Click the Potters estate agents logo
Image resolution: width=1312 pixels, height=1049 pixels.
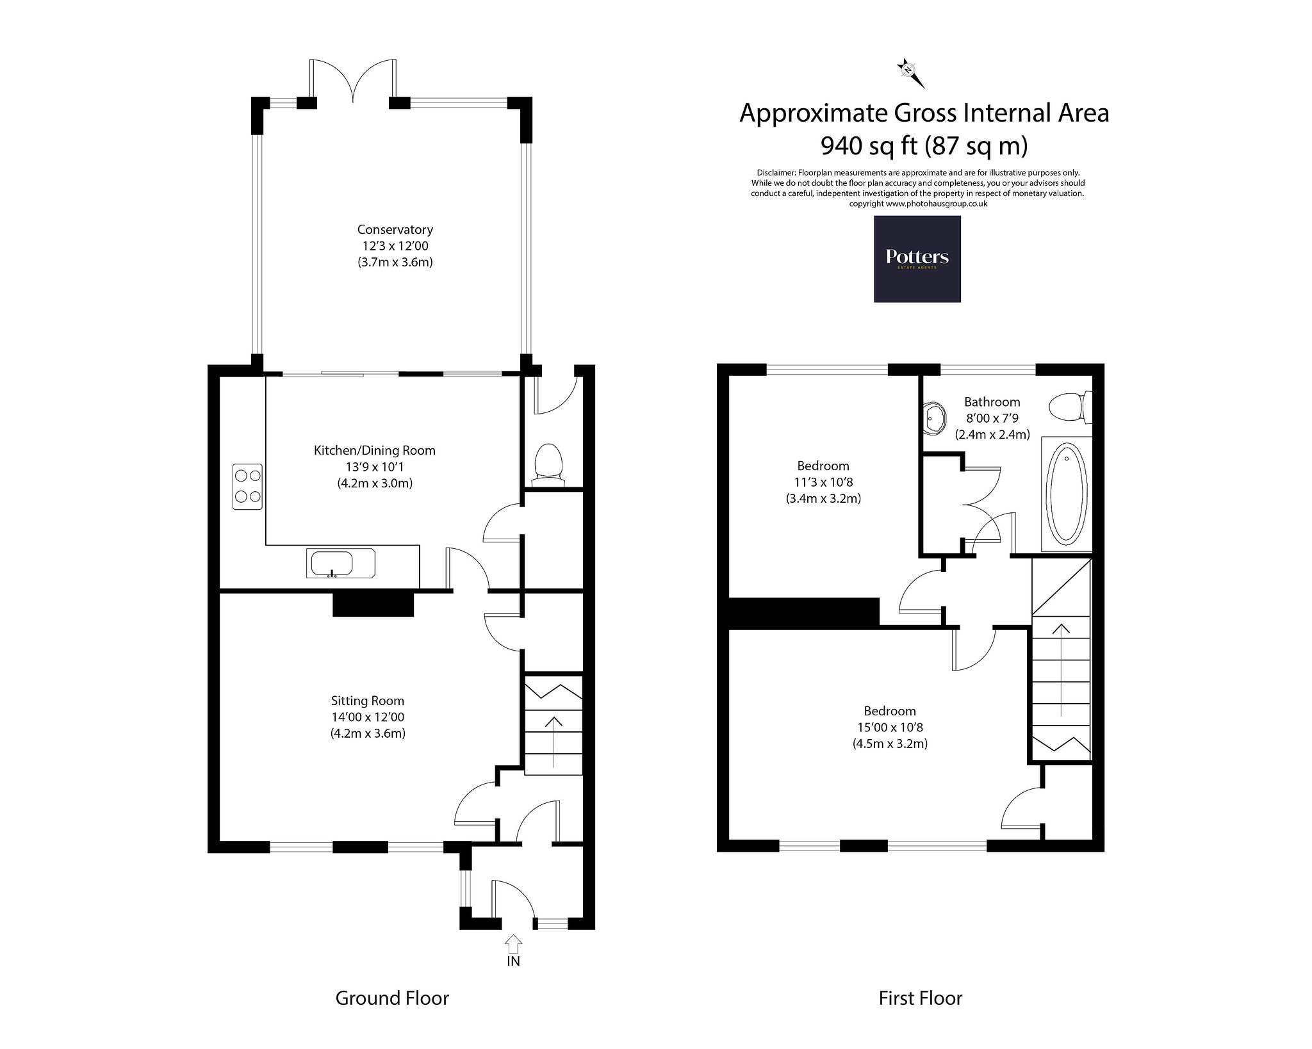pyautogui.click(x=917, y=259)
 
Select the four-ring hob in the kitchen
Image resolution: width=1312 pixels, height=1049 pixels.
pyautogui.click(x=247, y=486)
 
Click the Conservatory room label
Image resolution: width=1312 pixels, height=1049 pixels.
pyautogui.click(x=395, y=229)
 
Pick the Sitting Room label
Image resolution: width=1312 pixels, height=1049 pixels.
pyautogui.click(x=368, y=701)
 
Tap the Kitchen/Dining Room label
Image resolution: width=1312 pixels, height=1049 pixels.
pyautogui.click(x=375, y=450)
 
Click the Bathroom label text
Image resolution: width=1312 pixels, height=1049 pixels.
pyautogui.click(x=992, y=402)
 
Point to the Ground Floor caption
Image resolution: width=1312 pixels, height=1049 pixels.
pyautogui.click(x=392, y=998)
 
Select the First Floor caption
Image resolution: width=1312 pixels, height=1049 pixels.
pyautogui.click(x=921, y=998)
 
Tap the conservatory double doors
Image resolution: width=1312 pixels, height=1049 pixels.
pyautogui.click(x=352, y=82)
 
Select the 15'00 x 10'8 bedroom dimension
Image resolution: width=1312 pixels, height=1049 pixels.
pyautogui.click(x=890, y=728)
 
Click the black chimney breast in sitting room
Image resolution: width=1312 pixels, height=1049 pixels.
pyautogui.click(x=373, y=604)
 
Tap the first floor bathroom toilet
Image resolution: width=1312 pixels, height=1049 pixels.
pyautogui.click(x=1070, y=407)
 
